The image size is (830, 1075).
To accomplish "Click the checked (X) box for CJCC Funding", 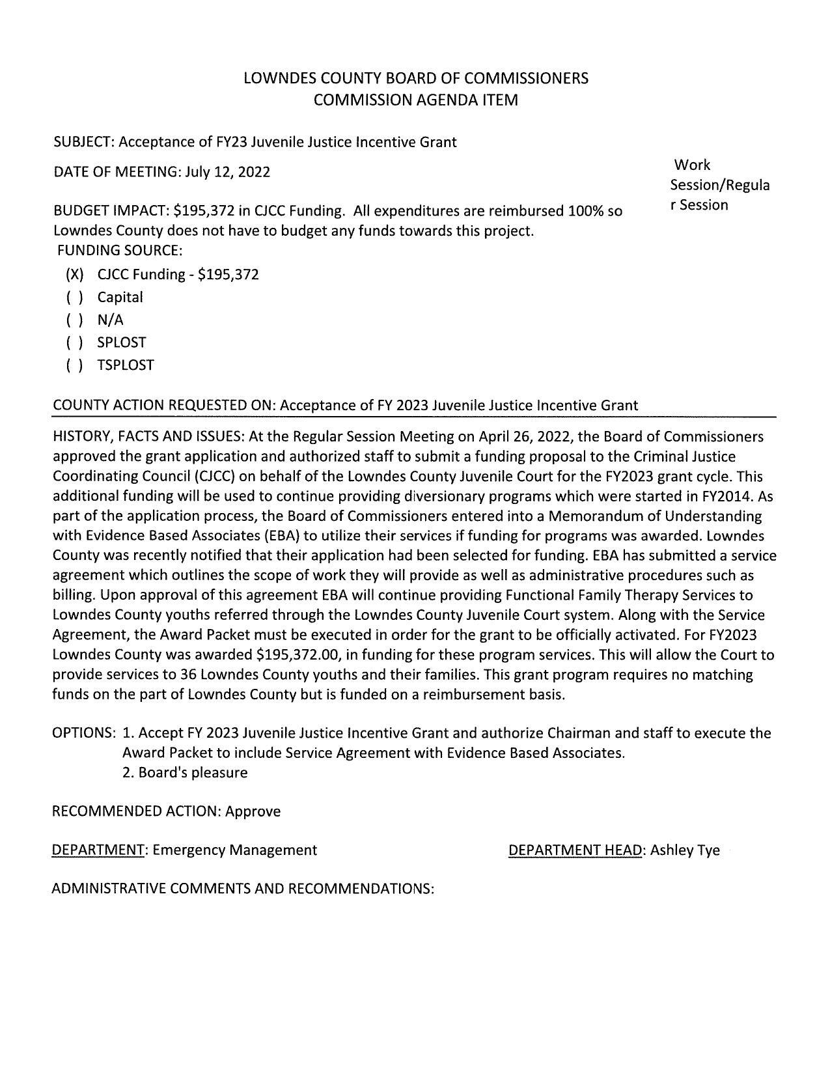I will (x=75, y=275).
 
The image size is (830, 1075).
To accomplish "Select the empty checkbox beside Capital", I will (x=75, y=298).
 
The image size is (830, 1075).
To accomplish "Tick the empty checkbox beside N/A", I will (x=75, y=320).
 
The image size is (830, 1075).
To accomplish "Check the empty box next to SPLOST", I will (x=75, y=342).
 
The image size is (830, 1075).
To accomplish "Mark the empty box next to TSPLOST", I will (x=75, y=365).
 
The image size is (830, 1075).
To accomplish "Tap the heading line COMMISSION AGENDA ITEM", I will (x=415, y=100).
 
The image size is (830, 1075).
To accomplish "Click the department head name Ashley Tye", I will (x=685, y=850).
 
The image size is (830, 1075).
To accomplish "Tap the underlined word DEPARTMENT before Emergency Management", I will (x=98, y=850).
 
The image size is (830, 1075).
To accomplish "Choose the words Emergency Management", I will (x=235, y=850).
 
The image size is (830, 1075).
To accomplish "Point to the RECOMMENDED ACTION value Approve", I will (x=253, y=811).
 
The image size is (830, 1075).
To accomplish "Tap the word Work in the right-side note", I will (x=693, y=165).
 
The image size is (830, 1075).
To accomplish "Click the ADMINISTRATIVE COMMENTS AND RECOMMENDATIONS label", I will (x=242, y=889).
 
